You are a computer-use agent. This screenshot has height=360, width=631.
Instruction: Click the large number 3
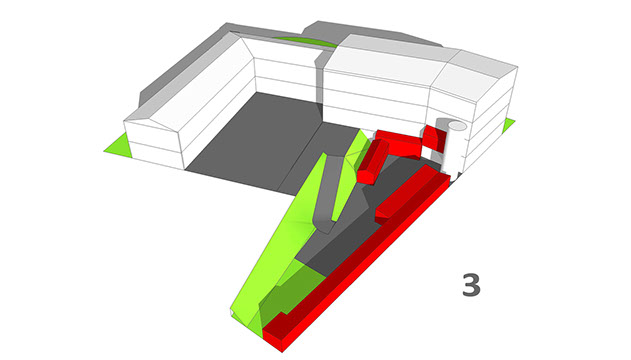tap(471, 285)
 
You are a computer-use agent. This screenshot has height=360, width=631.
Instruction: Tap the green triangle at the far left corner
tap(120, 146)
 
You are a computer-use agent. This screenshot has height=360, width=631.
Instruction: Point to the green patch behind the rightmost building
tap(509, 125)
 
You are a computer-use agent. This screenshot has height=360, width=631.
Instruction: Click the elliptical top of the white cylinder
tap(457, 126)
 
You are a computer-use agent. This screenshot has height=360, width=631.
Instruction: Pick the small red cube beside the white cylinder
tap(435, 137)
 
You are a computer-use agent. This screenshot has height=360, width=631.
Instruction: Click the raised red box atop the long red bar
tap(404, 193)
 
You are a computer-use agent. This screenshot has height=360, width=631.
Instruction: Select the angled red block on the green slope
tap(371, 161)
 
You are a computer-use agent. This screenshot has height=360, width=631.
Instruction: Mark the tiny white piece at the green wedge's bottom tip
tap(232, 312)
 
